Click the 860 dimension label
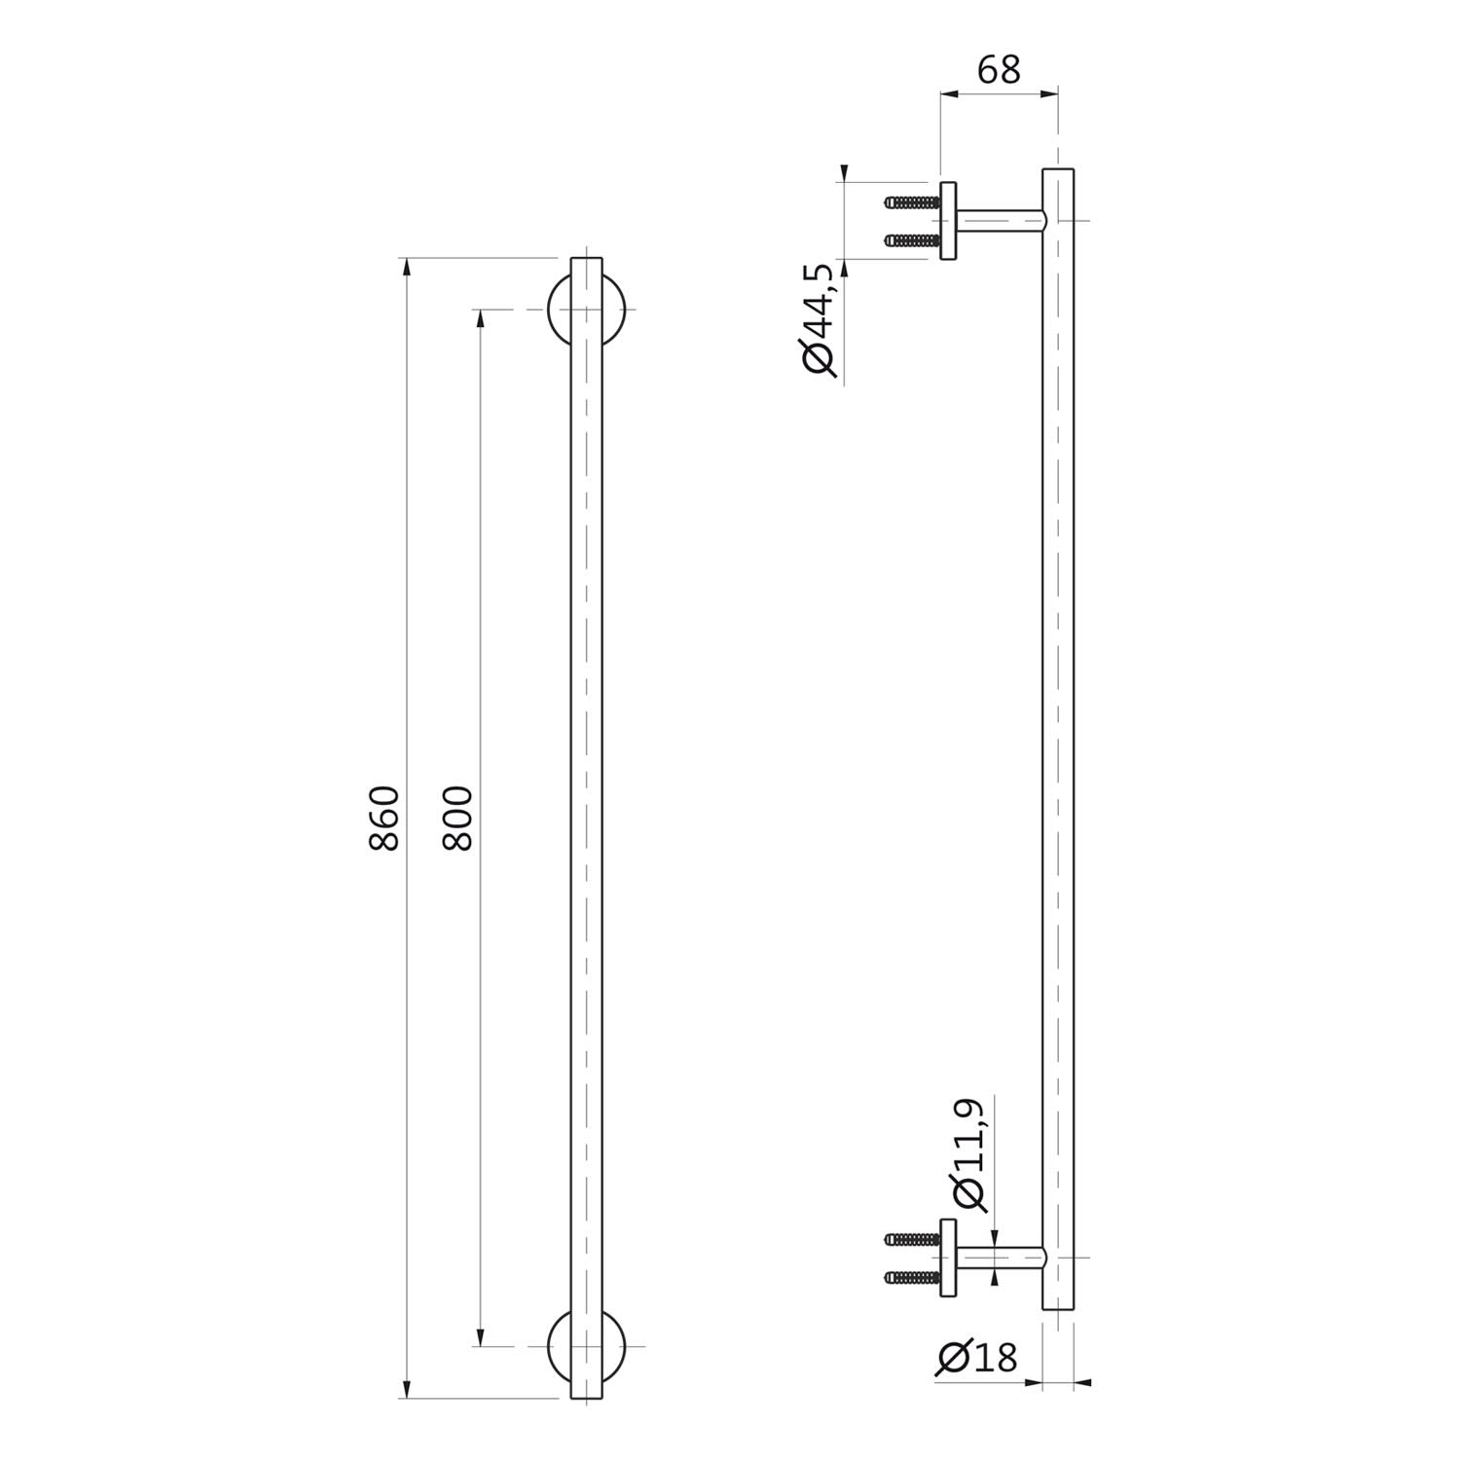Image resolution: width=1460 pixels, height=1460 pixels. click(384, 819)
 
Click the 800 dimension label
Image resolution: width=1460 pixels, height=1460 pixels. click(456, 819)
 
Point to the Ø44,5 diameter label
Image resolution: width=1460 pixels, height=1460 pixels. click(820, 320)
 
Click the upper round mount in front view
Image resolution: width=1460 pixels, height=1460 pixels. click(556, 310)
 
